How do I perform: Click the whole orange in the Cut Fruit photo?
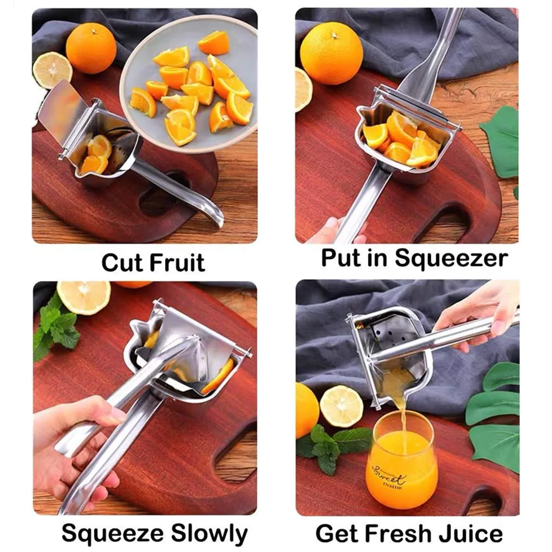coord(91,47)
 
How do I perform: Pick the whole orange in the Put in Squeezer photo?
coord(332,54)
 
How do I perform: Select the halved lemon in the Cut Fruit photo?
coord(52,70)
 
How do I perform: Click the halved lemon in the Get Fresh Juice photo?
coord(342,406)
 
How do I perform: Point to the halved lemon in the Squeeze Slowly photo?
coord(84,297)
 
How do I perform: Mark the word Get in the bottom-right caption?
coord(335,534)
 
